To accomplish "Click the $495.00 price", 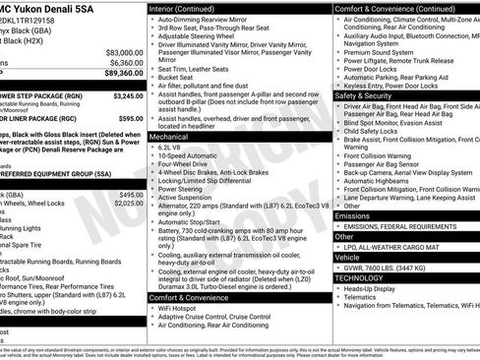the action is [131, 195].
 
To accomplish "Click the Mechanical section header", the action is [171, 138].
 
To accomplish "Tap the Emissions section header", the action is [353, 215].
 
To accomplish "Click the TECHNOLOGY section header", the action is [361, 277].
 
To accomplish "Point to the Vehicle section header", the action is [348, 255].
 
